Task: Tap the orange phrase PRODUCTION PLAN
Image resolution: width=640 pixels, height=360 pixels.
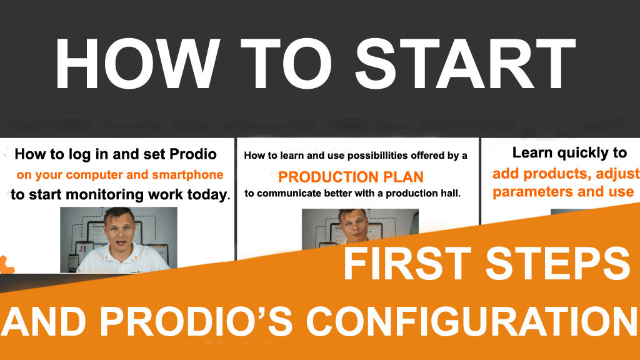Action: point(351,176)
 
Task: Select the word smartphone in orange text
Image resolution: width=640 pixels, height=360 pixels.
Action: point(189,174)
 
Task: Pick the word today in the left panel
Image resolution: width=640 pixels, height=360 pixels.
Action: point(206,194)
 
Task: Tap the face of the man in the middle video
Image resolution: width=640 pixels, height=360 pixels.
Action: point(351,224)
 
